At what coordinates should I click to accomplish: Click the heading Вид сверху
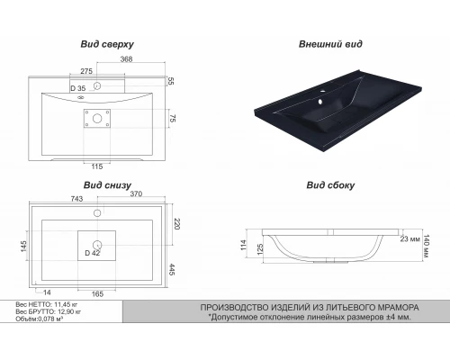point(107,44)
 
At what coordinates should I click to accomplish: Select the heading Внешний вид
point(330,44)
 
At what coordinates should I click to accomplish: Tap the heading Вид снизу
point(107,185)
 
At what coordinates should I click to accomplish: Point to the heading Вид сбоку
point(330,185)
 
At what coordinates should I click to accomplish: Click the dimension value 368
point(126,59)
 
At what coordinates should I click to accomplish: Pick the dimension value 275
point(86,71)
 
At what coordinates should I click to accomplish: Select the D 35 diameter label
point(78,88)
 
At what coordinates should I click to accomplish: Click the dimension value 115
point(97,166)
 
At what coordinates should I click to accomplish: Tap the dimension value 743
point(76,199)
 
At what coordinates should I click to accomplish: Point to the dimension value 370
point(136,194)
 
